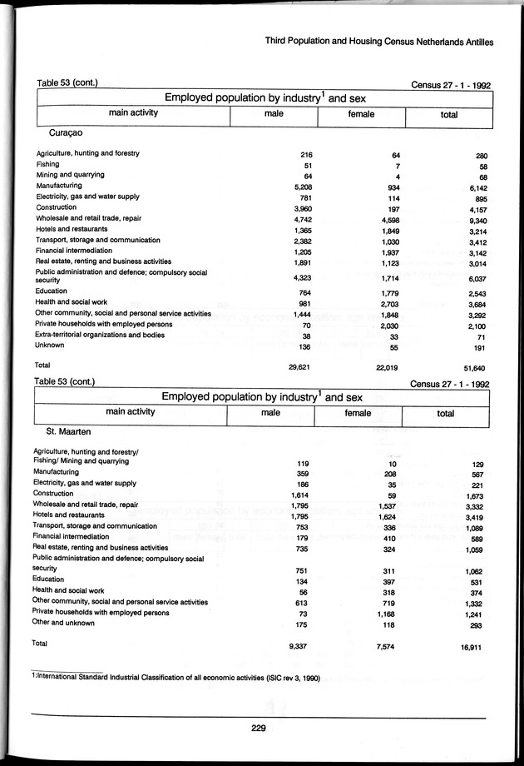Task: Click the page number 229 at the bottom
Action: (258, 729)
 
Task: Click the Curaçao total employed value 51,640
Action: (472, 367)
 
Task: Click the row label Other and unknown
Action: (63, 622)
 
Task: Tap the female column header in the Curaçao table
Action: (361, 114)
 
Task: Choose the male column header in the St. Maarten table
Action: (269, 412)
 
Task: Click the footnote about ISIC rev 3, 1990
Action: (175, 677)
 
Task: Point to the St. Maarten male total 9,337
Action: (299, 645)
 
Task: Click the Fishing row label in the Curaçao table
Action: (47, 164)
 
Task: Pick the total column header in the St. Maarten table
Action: (446, 412)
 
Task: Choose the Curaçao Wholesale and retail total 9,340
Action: (473, 218)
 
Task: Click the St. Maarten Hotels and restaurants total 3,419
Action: (472, 515)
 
